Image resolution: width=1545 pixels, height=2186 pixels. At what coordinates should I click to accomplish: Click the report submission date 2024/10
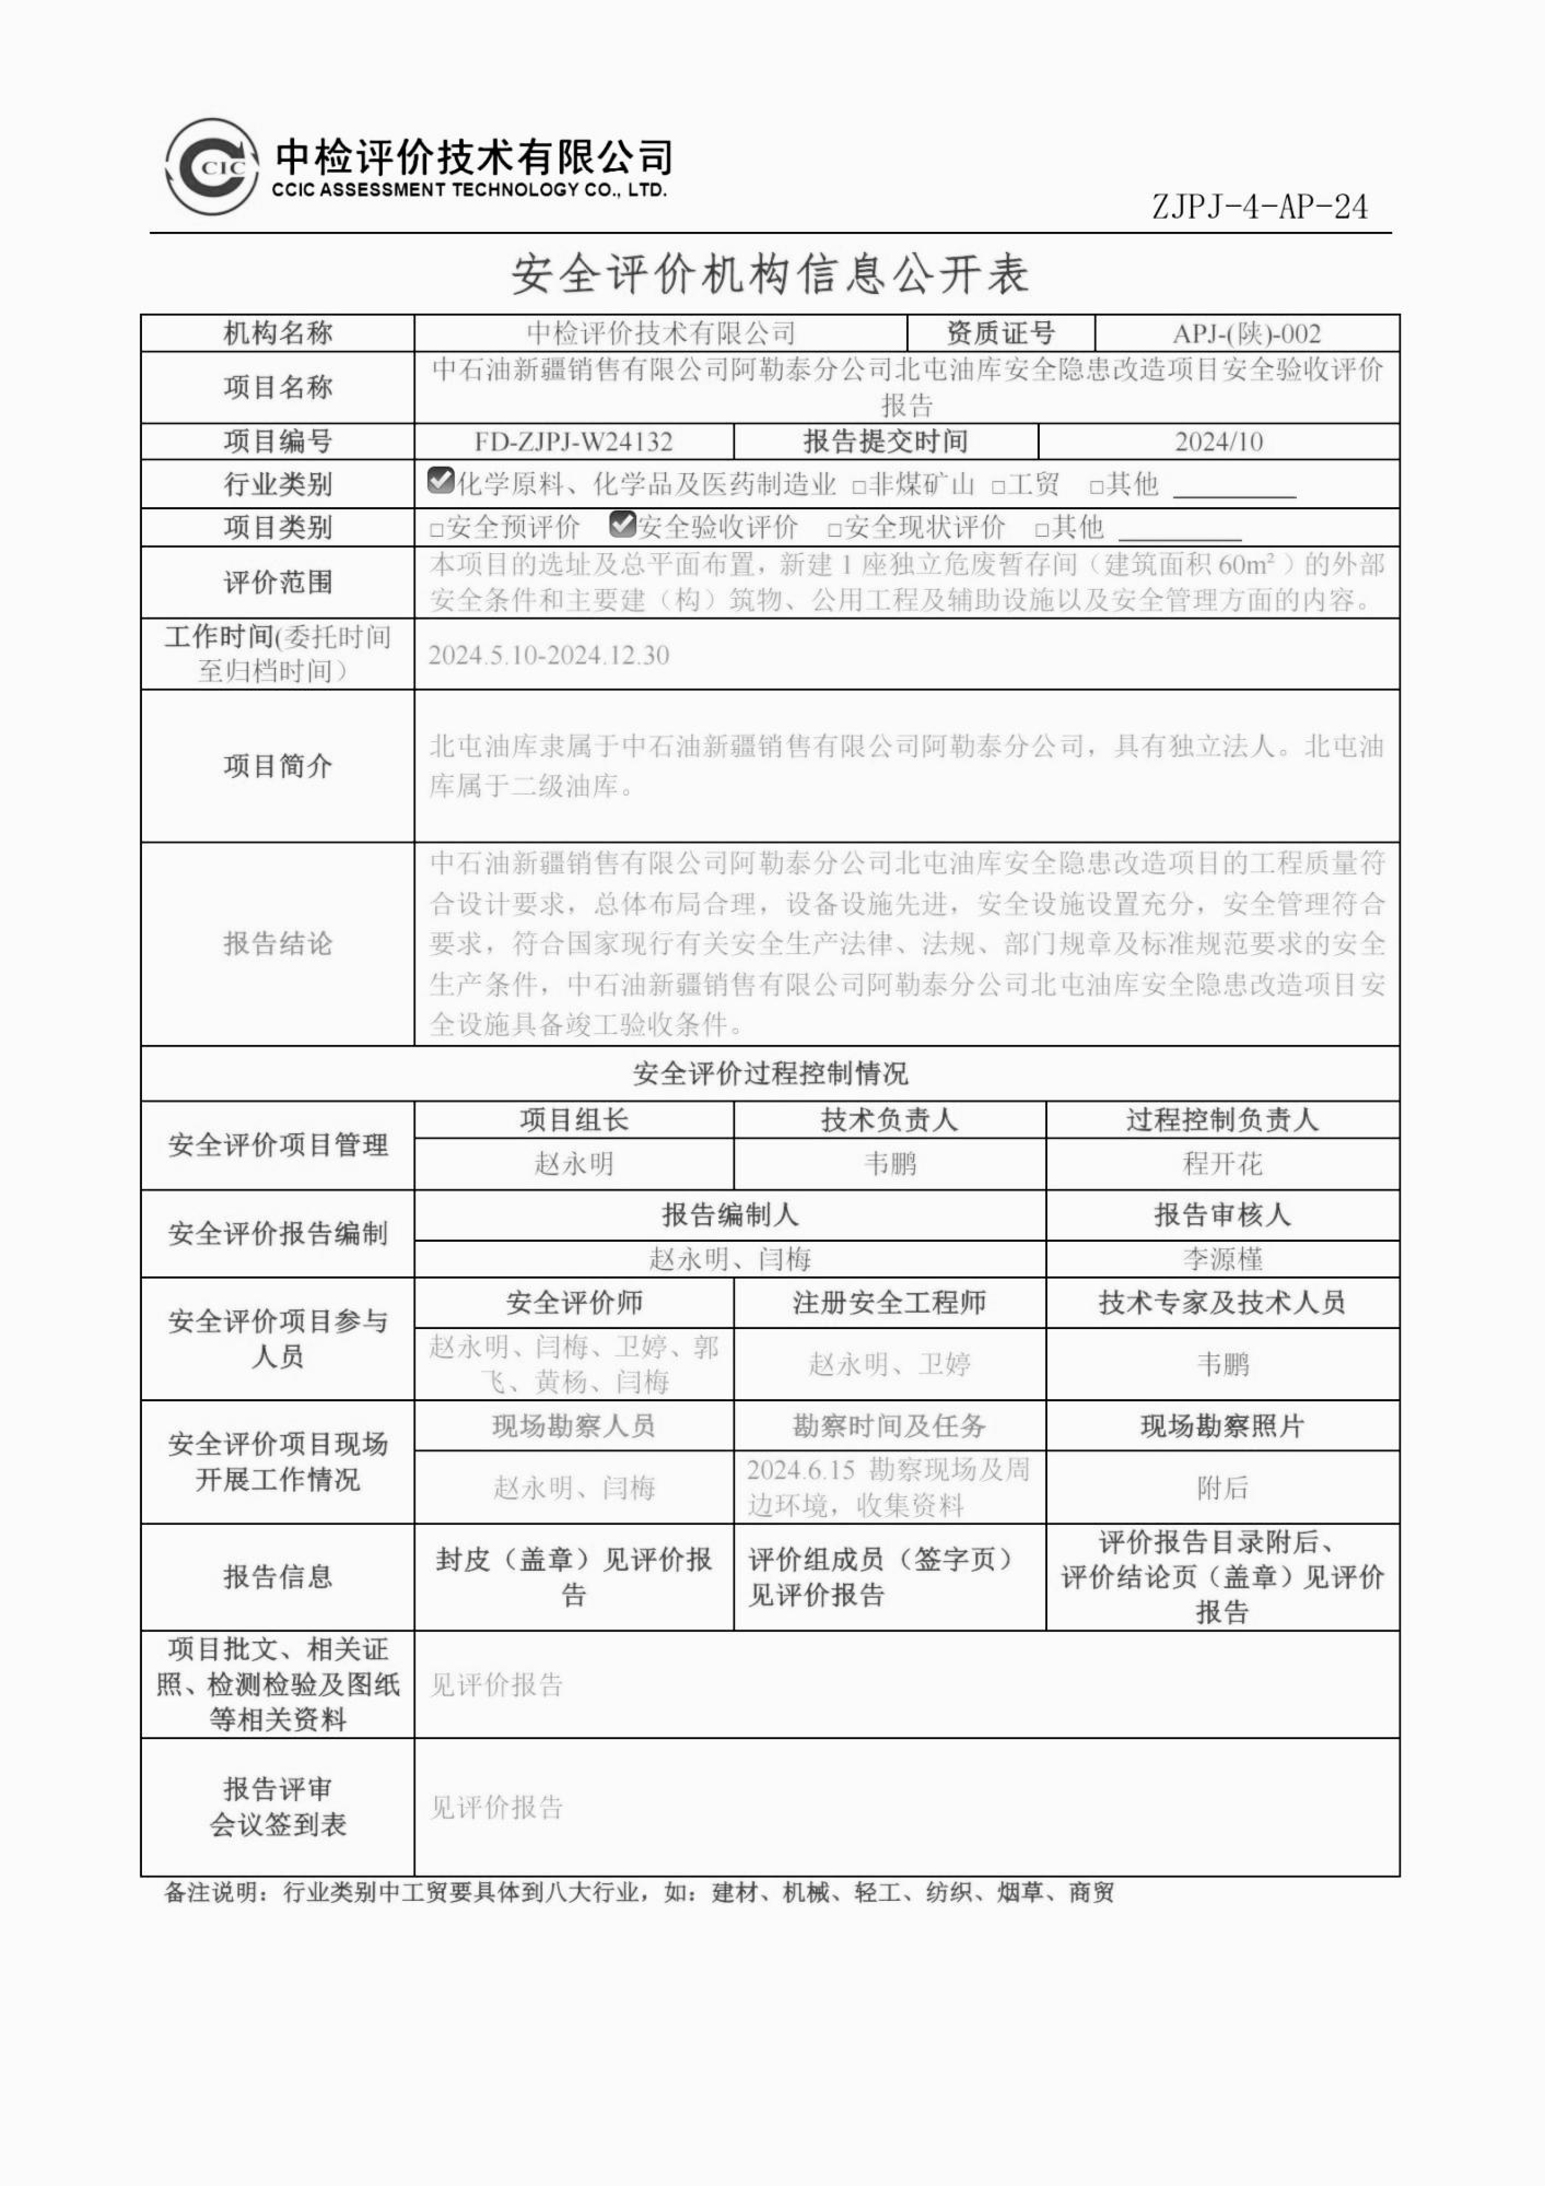[1219, 442]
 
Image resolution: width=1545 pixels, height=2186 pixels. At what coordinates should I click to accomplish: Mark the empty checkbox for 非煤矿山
[859, 487]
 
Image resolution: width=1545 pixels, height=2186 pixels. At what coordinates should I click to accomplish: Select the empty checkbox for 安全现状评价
[835, 529]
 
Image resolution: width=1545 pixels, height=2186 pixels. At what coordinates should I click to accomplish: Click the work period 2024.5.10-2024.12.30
[549, 655]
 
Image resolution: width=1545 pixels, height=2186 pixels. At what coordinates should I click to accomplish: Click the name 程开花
[1222, 1163]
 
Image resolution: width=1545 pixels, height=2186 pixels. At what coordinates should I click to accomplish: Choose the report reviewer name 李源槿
[1222, 1260]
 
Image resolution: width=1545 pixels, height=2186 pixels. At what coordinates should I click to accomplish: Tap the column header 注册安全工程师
[889, 1302]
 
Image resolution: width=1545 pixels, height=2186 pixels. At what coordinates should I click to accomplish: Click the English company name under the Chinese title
[469, 189]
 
